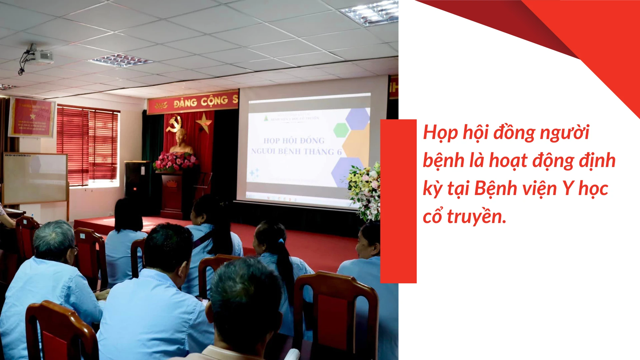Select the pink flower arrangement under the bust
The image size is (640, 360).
(176, 162)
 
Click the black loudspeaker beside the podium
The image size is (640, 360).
(137, 180)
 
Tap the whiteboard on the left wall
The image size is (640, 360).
(35, 178)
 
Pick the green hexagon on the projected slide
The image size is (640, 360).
(341, 130)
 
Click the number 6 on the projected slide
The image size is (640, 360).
(339, 152)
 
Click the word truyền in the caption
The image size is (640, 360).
(476, 217)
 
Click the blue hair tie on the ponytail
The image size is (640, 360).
(282, 241)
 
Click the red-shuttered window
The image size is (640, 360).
(87, 145)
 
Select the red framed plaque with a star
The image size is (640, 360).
(32, 117)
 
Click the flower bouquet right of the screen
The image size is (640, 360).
(365, 190)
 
